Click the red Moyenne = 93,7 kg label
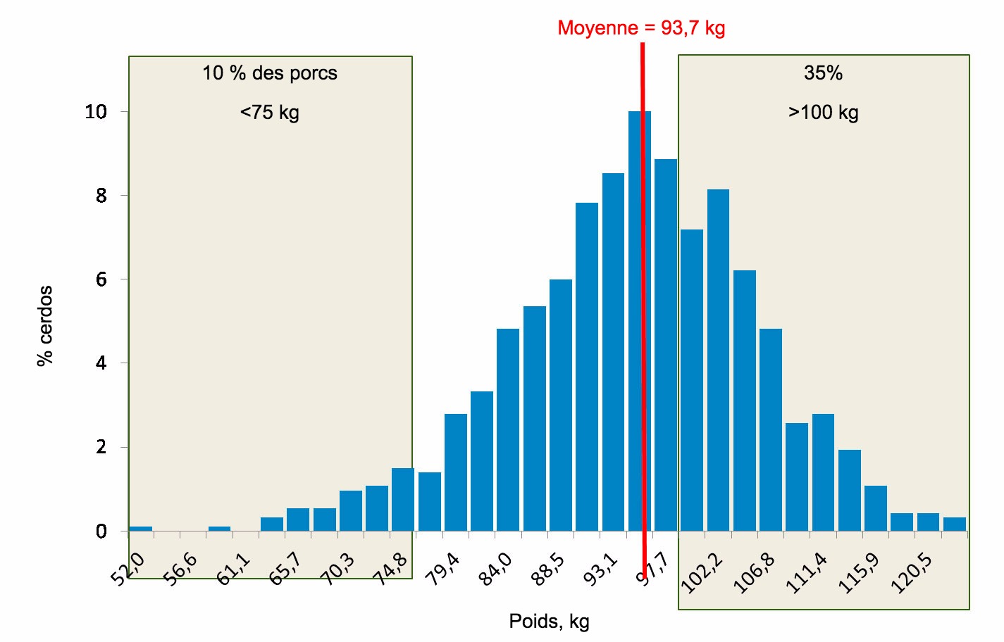click(x=640, y=28)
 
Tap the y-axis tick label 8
click(x=101, y=196)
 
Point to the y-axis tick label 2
click(x=101, y=448)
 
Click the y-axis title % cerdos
click(x=45, y=325)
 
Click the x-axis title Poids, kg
click(x=549, y=622)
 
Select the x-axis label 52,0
click(x=128, y=569)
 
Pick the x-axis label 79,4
click(x=443, y=569)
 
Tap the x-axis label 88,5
click(x=548, y=569)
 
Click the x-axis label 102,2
click(x=702, y=572)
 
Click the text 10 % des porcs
click(x=270, y=73)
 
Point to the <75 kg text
click(x=270, y=113)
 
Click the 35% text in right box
click(x=823, y=73)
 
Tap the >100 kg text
click(x=823, y=113)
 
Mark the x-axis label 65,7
click(x=285, y=569)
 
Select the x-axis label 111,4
click(x=807, y=572)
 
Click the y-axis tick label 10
click(x=96, y=112)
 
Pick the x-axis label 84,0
click(x=495, y=569)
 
